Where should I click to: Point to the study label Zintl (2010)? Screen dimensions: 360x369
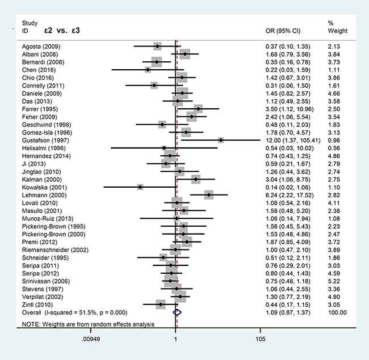36,304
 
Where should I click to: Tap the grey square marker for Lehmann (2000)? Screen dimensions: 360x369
209,194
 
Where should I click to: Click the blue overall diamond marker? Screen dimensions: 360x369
177,312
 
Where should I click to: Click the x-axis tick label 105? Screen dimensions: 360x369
261,341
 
